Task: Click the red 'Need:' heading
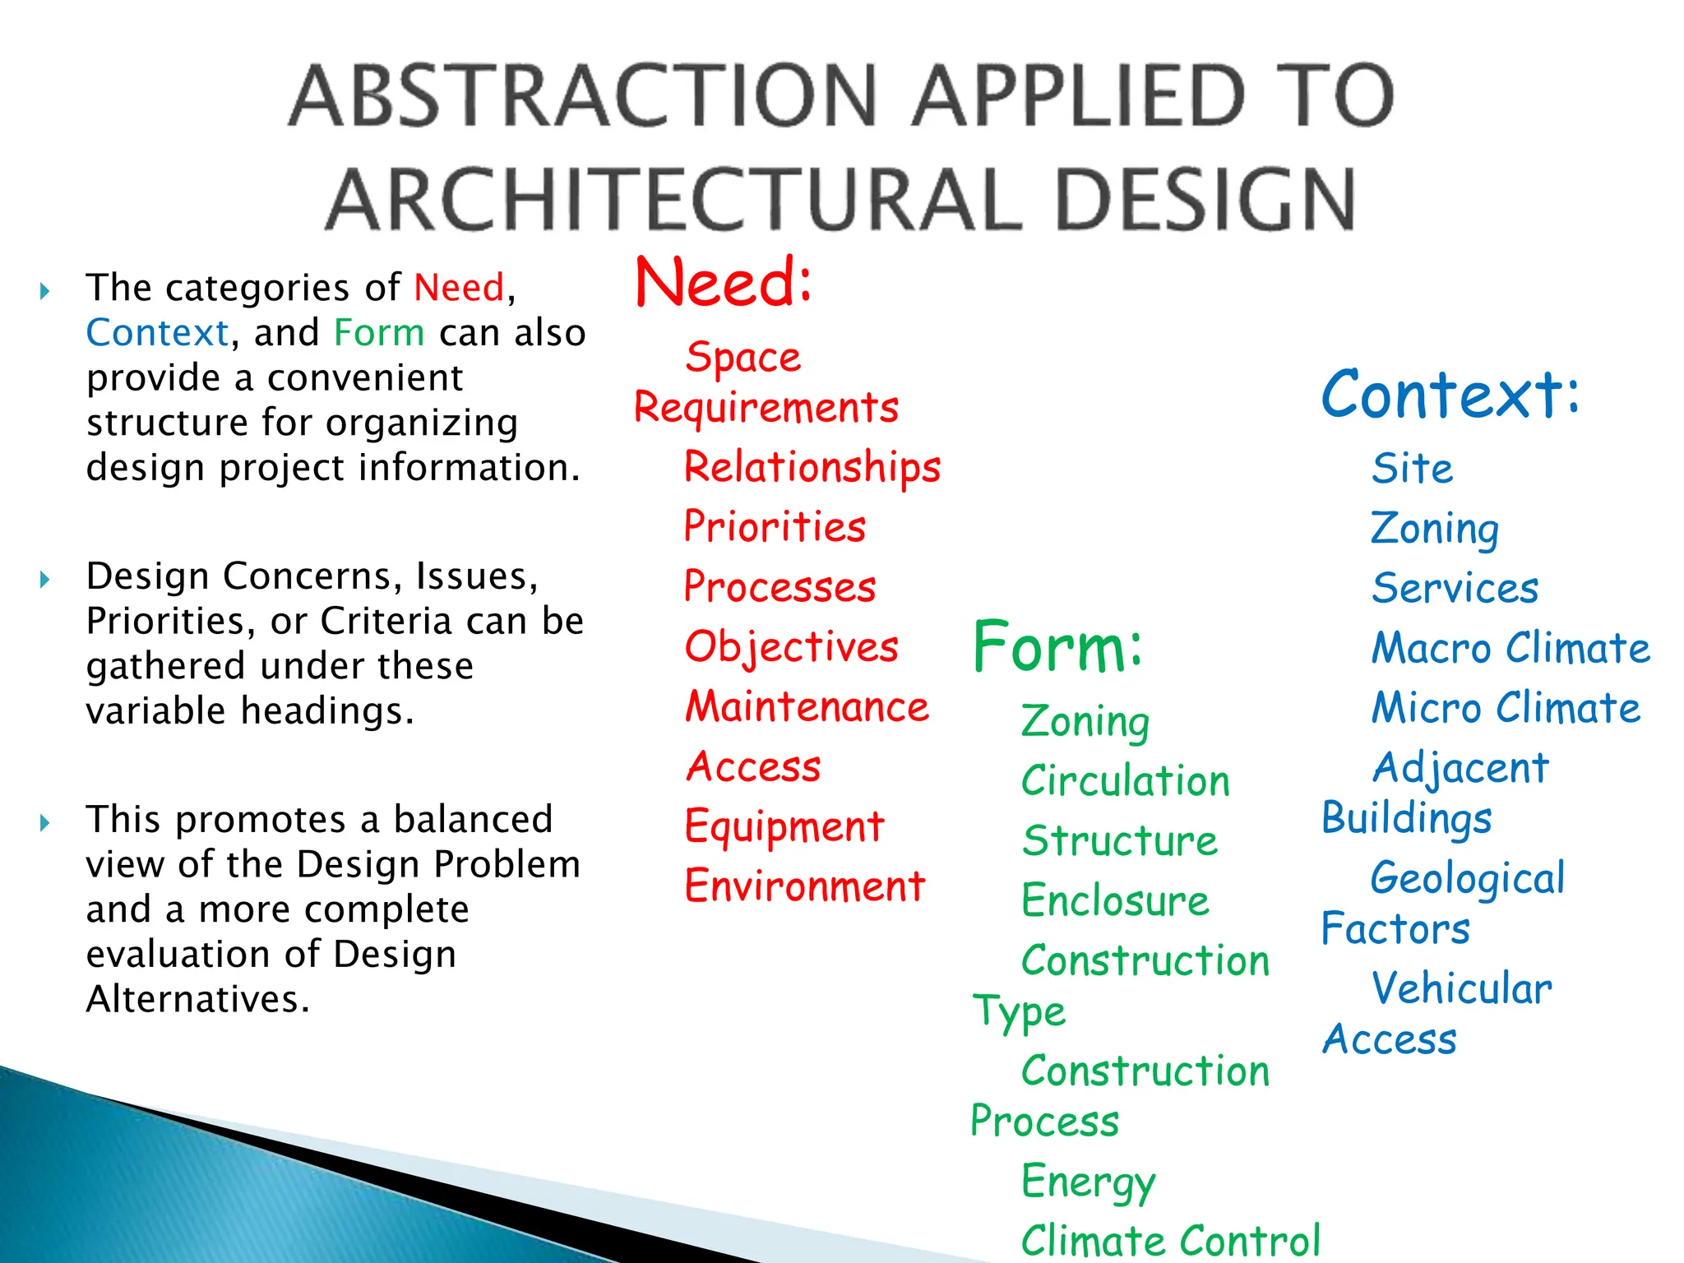pyautogui.click(x=724, y=283)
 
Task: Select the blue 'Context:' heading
pyautogui.click(x=1450, y=395)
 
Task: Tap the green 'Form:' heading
pyautogui.click(x=1057, y=647)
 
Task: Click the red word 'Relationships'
pyautogui.click(x=812, y=467)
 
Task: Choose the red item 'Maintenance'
pyautogui.click(x=807, y=707)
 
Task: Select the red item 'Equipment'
pyautogui.click(x=784, y=827)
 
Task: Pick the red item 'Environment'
pyautogui.click(x=805, y=886)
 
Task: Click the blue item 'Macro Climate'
pyautogui.click(x=1511, y=648)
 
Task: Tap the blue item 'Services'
pyautogui.click(x=1455, y=589)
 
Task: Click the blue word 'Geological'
pyautogui.click(x=1468, y=878)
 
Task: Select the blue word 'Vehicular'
pyautogui.click(x=1462, y=988)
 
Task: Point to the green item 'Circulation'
pyautogui.click(x=1126, y=781)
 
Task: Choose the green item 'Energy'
pyautogui.click(x=1088, y=1182)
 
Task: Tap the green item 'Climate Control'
pyautogui.click(x=1170, y=1240)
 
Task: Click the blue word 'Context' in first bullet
pyautogui.click(x=157, y=333)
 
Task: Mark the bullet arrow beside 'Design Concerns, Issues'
pyautogui.click(x=45, y=580)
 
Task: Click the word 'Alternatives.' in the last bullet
pyautogui.click(x=198, y=999)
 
